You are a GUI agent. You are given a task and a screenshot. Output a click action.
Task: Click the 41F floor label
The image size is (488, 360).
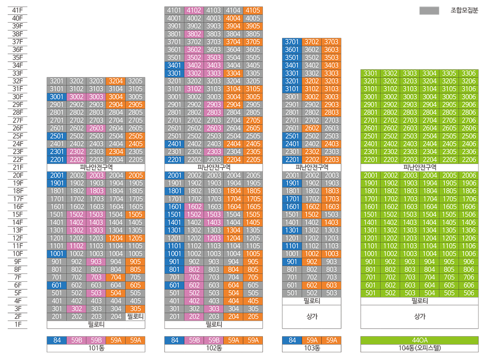pyautogui.click(x=18, y=10)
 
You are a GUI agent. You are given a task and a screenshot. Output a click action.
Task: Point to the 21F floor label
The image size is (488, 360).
pyautogui.click(x=18, y=167)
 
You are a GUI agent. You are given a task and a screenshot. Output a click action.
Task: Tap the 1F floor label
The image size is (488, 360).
pyautogui.click(x=18, y=324)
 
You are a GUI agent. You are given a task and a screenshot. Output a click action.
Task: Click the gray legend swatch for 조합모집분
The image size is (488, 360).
pyautogui.click(x=429, y=11)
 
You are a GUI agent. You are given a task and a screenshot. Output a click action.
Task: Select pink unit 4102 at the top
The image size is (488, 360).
pyautogui.click(x=194, y=10)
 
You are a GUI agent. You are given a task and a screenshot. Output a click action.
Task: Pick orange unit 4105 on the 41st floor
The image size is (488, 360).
pyautogui.click(x=253, y=10)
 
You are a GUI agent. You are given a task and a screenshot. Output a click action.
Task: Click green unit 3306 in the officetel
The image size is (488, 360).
pyautogui.click(x=469, y=73)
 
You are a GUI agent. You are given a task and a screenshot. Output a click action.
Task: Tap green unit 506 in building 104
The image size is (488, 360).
pyautogui.click(x=469, y=293)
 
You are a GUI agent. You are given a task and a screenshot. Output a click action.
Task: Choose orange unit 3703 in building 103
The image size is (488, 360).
pyautogui.click(x=331, y=42)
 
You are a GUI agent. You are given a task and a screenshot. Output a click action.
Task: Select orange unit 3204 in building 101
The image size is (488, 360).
pyautogui.click(x=116, y=81)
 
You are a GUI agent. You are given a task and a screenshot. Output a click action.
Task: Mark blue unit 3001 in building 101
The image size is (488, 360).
pyautogui.click(x=57, y=97)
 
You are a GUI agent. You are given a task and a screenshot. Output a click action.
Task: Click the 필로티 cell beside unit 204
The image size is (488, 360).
pyautogui.click(x=135, y=317)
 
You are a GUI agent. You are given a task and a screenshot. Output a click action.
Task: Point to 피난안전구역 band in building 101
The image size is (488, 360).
pyautogui.click(x=96, y=167)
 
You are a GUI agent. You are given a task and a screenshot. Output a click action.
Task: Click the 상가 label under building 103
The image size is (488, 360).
pyautogui.click(x=312, y=316)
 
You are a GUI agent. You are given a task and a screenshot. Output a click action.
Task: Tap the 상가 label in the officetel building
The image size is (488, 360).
pyautogui.click(x=420, y=316)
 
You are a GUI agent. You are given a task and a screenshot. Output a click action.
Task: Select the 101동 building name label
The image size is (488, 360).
pyautogui.click(x=96, y=348)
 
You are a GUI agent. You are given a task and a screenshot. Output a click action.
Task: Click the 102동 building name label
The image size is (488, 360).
pyautogui.click(x=214, y=348)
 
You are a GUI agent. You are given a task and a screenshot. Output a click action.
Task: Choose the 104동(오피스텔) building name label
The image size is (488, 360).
pyautogui.click(x=420, y=348)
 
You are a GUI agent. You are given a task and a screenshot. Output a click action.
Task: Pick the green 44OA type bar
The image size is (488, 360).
pyautogui.click(x=420, y=340)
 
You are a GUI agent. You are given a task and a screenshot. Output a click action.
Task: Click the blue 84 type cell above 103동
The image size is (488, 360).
pyautogui.click(x=292, y=340)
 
